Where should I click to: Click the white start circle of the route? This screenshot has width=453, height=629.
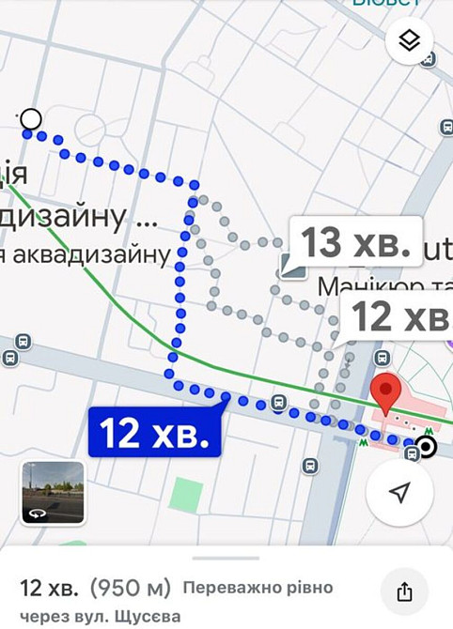(30, 119)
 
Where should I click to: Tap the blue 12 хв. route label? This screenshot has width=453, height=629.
(154, 433)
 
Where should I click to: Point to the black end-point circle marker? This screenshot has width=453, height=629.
(427, 448)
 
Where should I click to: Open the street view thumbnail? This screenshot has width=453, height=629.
(54, 493)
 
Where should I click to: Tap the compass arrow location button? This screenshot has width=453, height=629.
(399, 493)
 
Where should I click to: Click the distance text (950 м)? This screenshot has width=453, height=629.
(131, 589)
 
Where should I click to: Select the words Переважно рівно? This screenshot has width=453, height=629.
(258, 589)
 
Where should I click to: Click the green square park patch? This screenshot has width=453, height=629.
(186, 494)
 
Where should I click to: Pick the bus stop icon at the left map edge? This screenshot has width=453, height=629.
(10, 358)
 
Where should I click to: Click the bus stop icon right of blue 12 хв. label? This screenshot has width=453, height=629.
(278, 403)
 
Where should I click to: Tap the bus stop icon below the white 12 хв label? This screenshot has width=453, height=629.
(382, 358)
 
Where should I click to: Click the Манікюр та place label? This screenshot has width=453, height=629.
(376, 284)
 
